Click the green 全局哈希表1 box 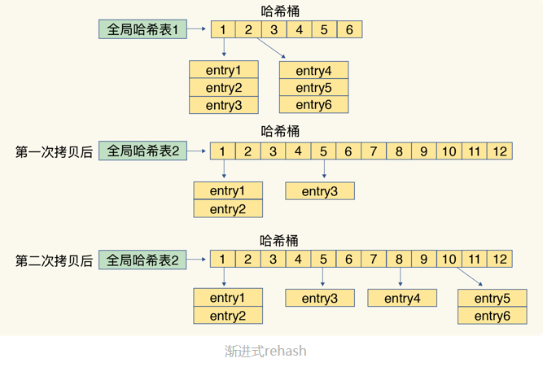[142, 30]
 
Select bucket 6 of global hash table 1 [349, 30]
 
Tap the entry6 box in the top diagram [313, 105]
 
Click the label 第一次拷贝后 [55, 151]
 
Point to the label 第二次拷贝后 [55, 260]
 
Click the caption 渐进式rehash [266, 352]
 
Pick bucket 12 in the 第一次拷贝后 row [500, 151]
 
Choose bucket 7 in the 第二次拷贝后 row [374, 260]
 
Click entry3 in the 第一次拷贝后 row [320, 191]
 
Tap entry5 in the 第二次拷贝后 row [493, 298]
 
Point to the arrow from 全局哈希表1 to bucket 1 [199, 30]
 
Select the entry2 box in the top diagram [224, 88]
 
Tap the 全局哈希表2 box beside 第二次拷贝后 [142, 260]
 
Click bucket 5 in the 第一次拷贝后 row [323, 151]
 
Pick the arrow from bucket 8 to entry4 [399, 278]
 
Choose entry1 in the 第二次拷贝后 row [228, 298]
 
